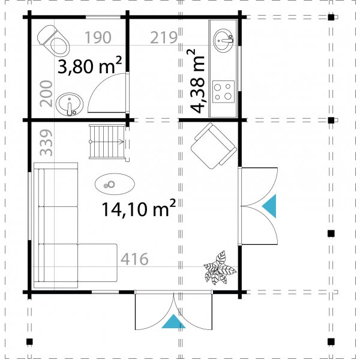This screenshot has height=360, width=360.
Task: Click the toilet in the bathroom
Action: coord(55,41)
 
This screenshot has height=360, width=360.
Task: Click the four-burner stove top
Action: coord(224,92)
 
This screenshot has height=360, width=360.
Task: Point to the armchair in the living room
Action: coord(214,144)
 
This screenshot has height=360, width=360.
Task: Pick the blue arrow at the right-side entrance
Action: coord(270,206)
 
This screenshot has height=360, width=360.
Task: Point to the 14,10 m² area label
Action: coord(139,209)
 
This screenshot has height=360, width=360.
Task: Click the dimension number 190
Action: coord(97,38)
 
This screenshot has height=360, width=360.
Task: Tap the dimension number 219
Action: coord(164,38)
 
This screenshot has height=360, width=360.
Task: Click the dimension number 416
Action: coord(135,259)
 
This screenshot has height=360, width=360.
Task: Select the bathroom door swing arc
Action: coord(107,90)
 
